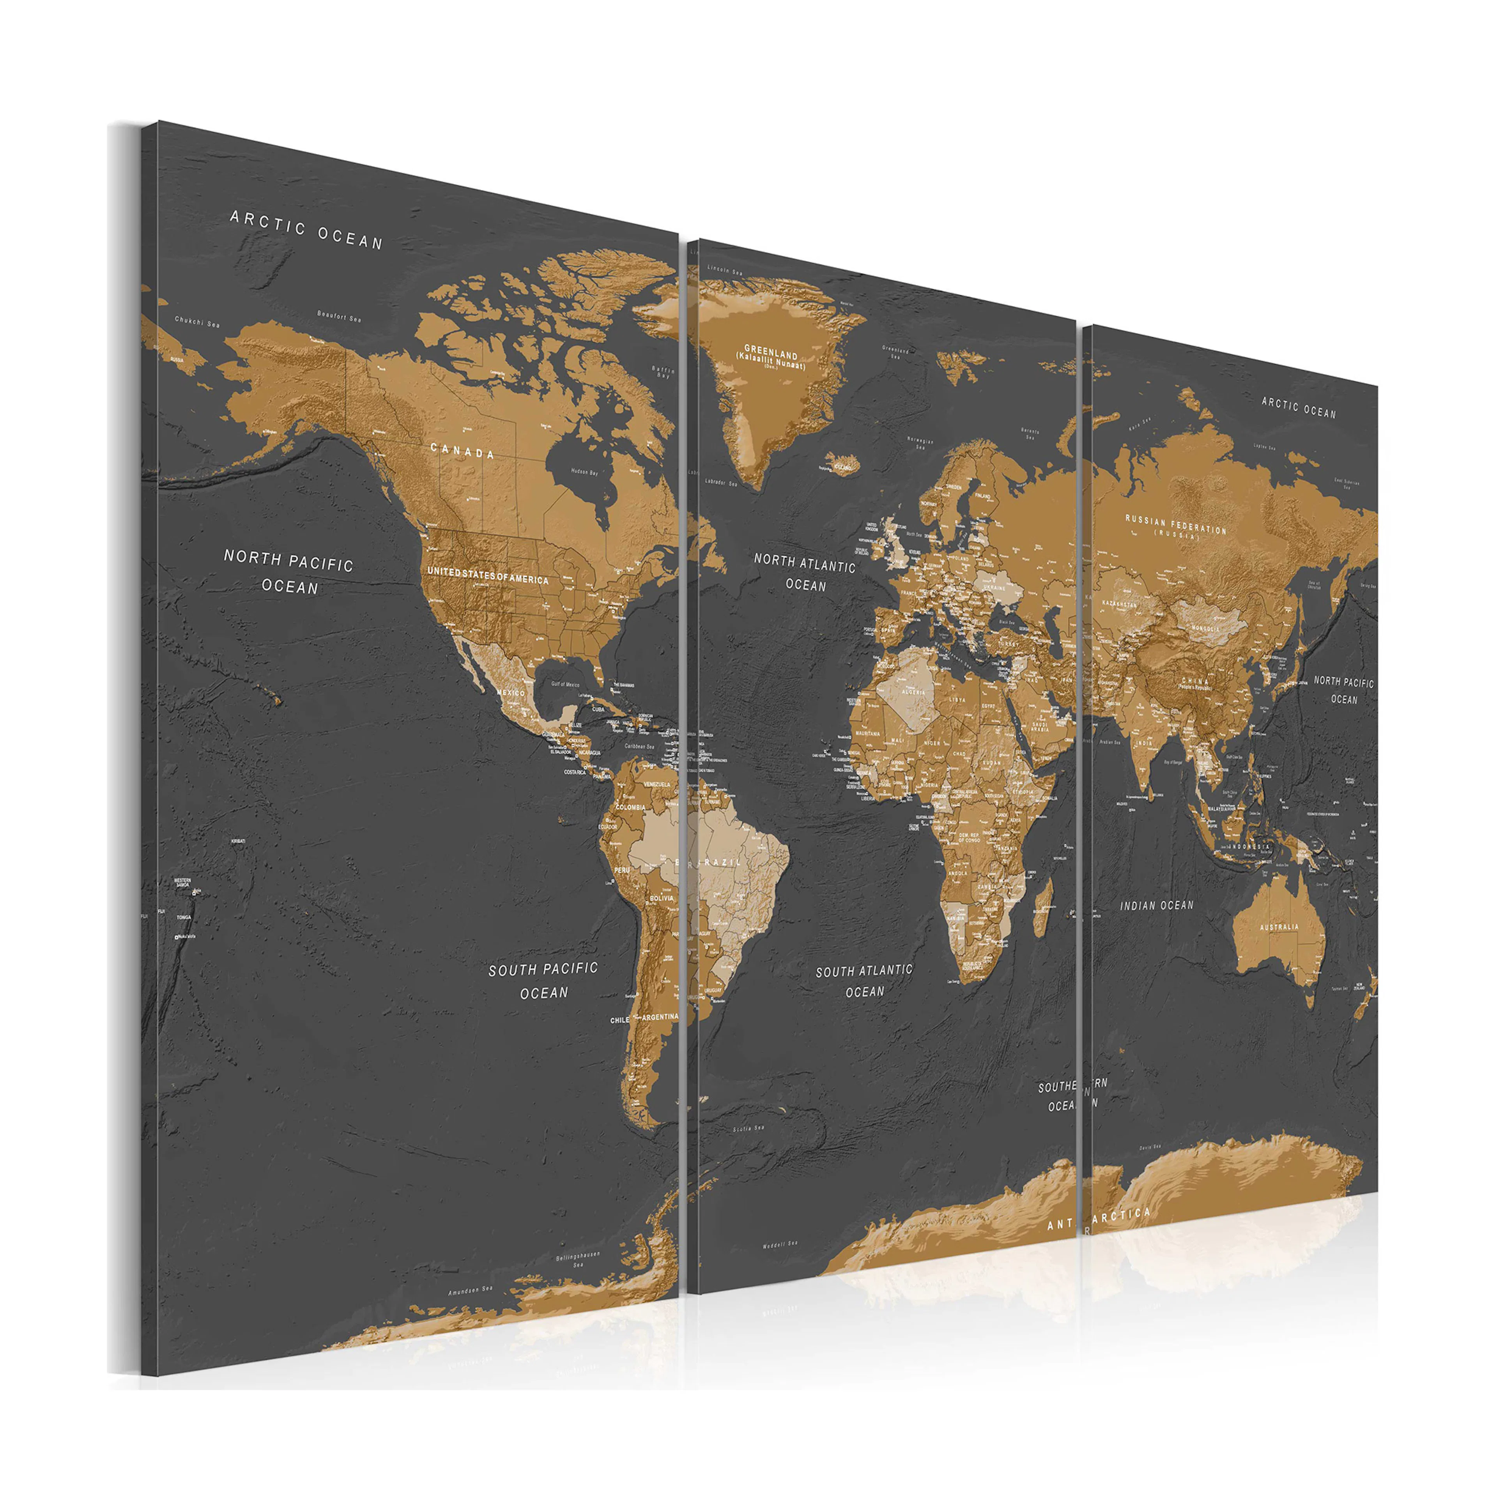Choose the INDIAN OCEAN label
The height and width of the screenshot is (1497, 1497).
[1157, 905]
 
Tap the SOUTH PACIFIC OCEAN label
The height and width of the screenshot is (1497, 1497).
[543, 980]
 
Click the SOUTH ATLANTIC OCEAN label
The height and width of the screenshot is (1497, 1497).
[864, 980]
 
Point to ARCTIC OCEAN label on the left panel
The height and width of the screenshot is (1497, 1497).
[307, 230]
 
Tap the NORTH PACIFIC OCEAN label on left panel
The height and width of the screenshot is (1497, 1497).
[289, 572]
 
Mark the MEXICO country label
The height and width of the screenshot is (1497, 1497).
[511, 692]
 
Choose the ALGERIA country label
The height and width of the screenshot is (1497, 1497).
[913, 692]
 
